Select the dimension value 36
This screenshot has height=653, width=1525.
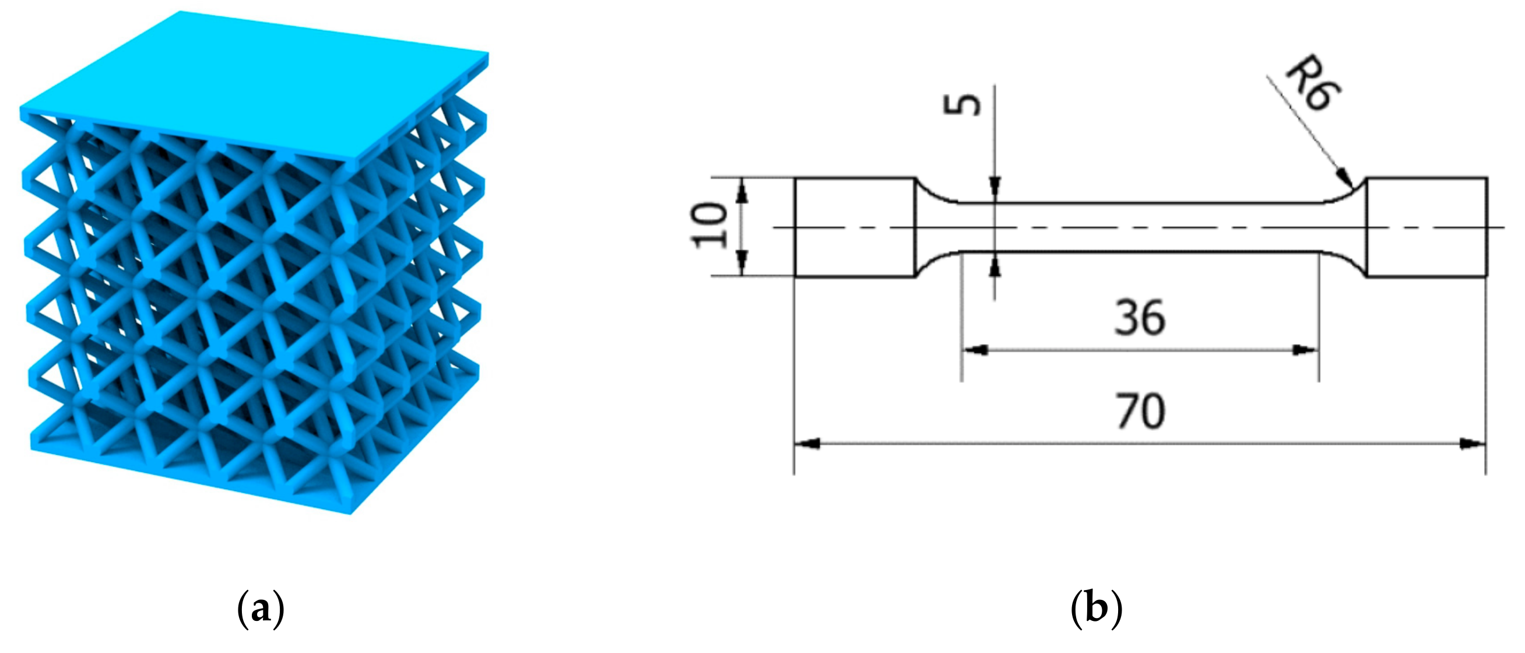[x=1140, y=318]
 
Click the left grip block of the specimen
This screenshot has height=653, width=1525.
[x=855, y=227]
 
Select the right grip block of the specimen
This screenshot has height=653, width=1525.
[x=1426, y=227]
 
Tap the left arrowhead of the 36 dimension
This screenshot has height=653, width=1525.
[x=975, y=350]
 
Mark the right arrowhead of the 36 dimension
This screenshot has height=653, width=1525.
[x=1305, y=350]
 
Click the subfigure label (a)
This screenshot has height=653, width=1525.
[x=261, y=610]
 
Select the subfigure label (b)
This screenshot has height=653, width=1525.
[x=1097, y=610]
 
